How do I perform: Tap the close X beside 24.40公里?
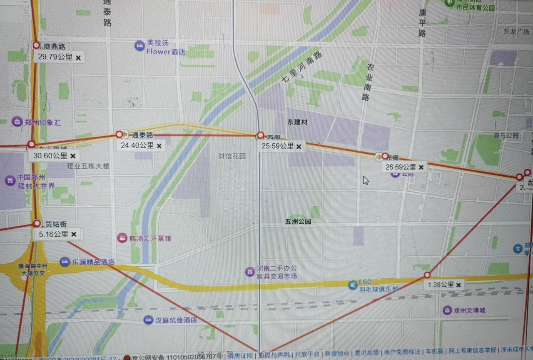(159, 146)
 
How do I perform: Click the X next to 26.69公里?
(421, 167)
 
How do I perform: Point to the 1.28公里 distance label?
(441, 285)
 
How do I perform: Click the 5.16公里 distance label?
(53, 234)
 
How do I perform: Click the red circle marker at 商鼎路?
(36, 45)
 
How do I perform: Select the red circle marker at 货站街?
(37, 223)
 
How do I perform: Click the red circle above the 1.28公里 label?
(427, 275)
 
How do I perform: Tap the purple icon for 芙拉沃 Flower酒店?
(139, 46)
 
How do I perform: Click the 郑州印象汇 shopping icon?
(17, 122)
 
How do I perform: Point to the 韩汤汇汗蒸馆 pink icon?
(122, 238)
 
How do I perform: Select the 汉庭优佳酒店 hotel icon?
(148, 320)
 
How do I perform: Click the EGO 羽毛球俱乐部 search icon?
(353, 285)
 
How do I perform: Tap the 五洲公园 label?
(298, 222)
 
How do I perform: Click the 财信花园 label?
(232, 156)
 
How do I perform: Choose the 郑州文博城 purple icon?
(447, 310)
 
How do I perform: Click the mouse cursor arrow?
(365, 180)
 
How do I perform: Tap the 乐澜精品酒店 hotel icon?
(65, 262)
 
